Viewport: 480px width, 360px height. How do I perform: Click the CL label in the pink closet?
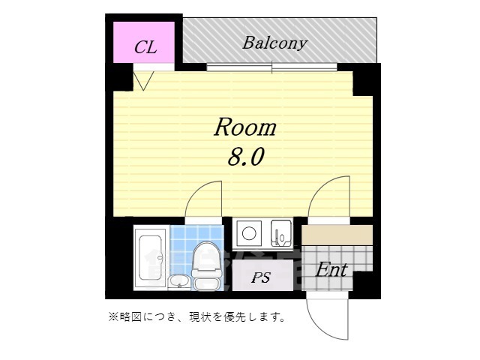pos(145,47)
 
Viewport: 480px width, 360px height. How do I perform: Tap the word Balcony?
pos(274,43)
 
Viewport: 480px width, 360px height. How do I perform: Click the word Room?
pos(245,127)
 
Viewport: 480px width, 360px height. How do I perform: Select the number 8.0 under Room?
pos(245,158)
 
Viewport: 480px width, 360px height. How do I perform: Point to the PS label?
pos(260,277)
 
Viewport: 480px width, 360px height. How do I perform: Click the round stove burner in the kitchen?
pos(247,233)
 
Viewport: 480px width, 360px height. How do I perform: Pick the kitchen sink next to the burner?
pos(282,233)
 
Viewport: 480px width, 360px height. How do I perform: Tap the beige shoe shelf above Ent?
pos(337,235)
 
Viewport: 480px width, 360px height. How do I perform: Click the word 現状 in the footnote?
pos(208,317)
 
